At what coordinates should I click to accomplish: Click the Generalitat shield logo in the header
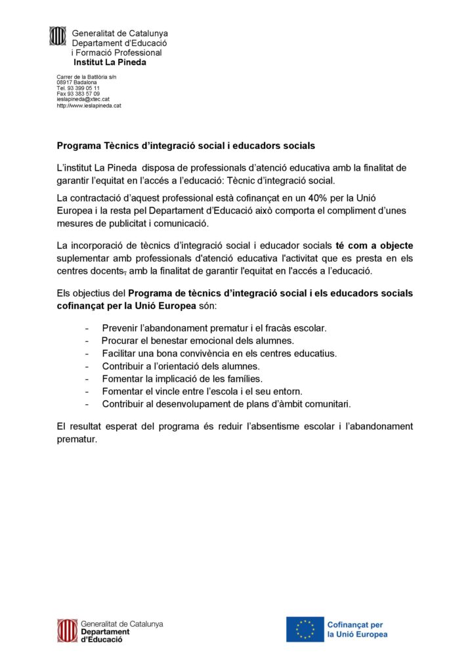pos(58,35)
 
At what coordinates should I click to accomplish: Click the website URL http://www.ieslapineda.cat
pos(89,105)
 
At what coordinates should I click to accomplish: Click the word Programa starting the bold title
pos(79,145)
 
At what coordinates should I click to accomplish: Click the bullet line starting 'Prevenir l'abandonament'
pos(214,327)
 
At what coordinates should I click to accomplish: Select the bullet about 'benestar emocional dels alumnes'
pos(198,340)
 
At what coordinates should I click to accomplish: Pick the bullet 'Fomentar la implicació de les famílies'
pos(182,379)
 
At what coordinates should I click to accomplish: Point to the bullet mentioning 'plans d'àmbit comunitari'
pos(226,404)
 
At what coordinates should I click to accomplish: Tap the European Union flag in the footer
pos(305,629)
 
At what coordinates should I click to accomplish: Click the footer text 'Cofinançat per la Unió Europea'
pos(357,629)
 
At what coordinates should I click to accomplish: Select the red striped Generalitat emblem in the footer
pos(66,631)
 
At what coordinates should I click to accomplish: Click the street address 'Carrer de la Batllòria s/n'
pos(86,77)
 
